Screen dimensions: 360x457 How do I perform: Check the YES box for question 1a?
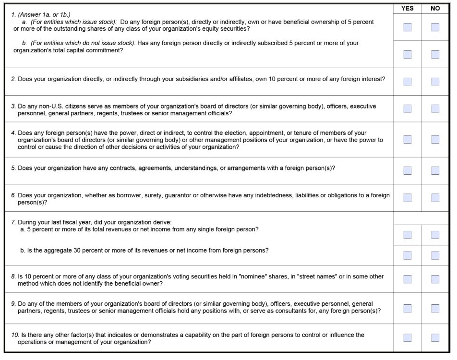[407, 27]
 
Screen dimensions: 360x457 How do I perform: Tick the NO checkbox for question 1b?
[435, 54]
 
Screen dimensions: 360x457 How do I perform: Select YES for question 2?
[407, 82]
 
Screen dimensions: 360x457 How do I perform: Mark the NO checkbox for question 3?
[435, 108]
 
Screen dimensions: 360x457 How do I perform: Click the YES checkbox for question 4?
[407, 139]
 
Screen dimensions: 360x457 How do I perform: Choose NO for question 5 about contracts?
[435, 170]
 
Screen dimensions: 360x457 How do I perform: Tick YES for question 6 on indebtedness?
[407, 197]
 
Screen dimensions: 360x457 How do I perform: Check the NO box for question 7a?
[435, 235]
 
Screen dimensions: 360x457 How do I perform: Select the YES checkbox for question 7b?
[407, 255]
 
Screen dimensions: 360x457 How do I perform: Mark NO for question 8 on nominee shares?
[435, 279]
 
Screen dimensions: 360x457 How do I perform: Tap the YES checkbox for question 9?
[407, 308]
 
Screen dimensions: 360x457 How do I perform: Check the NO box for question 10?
[435, 337]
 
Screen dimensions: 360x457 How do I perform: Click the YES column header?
[407, 8]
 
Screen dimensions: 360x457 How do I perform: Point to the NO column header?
[435, 8]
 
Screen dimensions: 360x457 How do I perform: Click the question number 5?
[13, 168]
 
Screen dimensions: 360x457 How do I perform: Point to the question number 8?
[13, 276]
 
